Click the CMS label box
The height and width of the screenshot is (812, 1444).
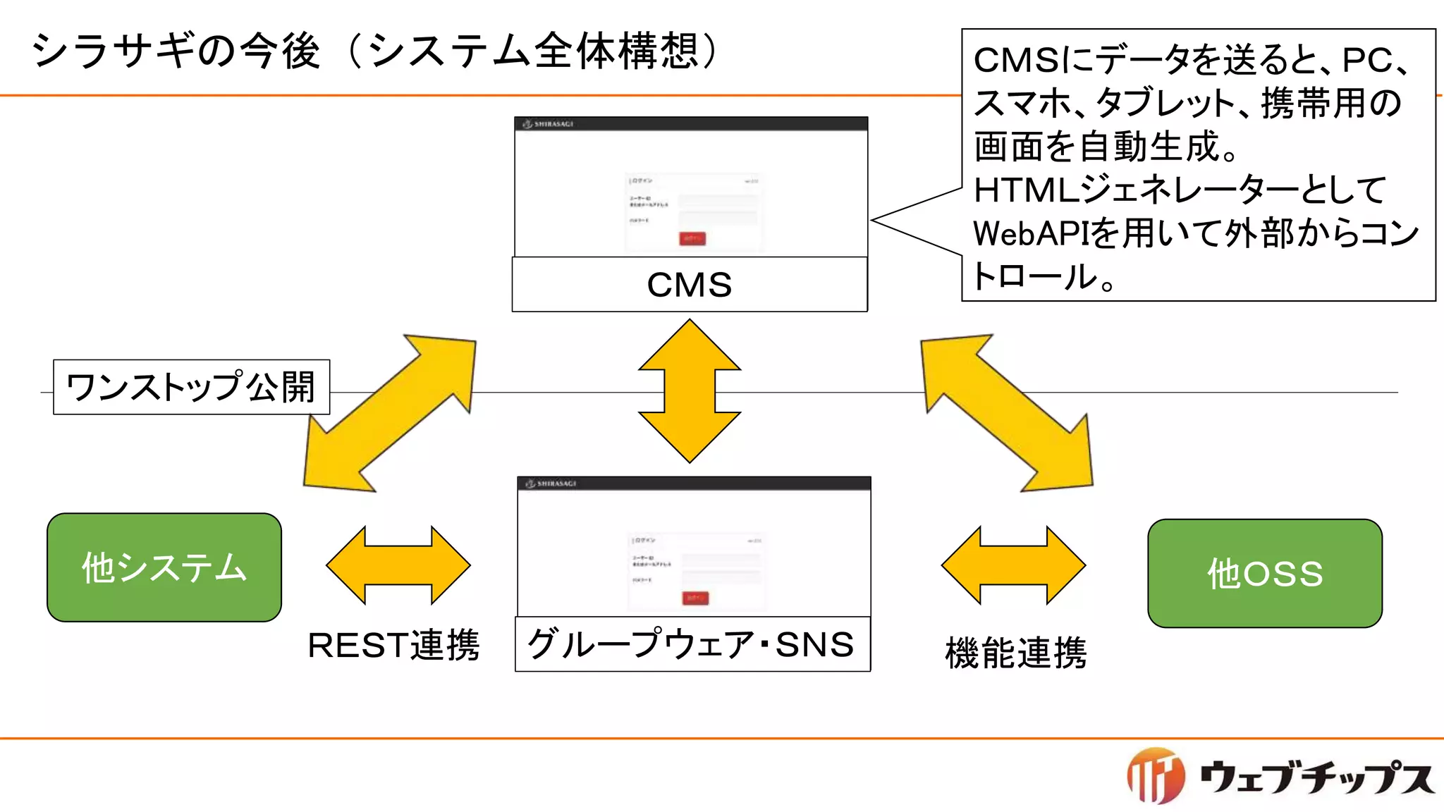pos(690,285)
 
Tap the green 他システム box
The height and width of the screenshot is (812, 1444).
pos(164,567)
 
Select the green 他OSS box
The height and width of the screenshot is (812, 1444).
pos(1265,573)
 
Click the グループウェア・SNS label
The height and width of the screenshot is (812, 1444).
pos(692,644)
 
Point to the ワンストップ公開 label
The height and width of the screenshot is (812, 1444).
pos(191,387)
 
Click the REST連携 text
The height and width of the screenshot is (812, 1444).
pos(393,645)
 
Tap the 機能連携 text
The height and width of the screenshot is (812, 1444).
pos(1016,652)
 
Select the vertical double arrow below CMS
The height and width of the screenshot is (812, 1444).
pos(690,391)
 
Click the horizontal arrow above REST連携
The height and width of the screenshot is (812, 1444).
pos(398,565)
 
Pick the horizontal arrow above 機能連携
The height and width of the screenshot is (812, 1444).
pos(1013,565)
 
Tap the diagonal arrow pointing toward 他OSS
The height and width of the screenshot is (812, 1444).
pos(1007,413)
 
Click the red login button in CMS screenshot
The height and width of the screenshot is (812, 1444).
pos(692,239)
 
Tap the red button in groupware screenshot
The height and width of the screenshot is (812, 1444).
pos(695,598)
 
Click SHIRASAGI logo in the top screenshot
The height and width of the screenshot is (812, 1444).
pos(548,124)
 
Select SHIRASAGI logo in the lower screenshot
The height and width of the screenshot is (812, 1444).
pos(551,484)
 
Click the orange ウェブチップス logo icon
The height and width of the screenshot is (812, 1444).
pos(1156,776)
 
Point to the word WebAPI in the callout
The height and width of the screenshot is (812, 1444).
pos(1031,233)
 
